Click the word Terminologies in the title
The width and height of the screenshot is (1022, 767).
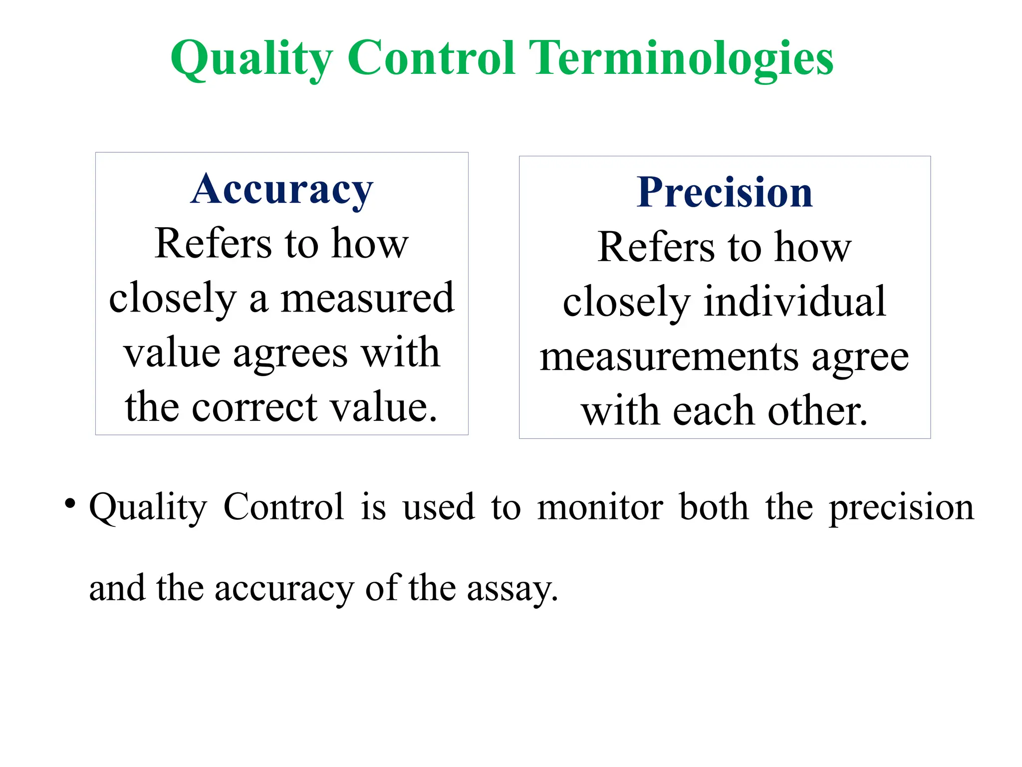[x=681, y=58]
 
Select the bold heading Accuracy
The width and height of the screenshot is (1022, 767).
[x=282, y=189]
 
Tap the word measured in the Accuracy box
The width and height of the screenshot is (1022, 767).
[x=367, y=298]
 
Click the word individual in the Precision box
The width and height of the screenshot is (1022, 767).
[x=795, y=302]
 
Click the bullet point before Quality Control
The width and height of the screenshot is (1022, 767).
[x=70, y=502]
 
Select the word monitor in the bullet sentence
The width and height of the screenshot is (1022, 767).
[x=600, y=507]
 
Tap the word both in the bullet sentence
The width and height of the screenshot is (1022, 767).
[x=714, y=507]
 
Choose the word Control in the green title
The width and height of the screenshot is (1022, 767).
[x=431, y=58]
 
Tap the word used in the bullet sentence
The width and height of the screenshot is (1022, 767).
[x=439, y=507]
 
